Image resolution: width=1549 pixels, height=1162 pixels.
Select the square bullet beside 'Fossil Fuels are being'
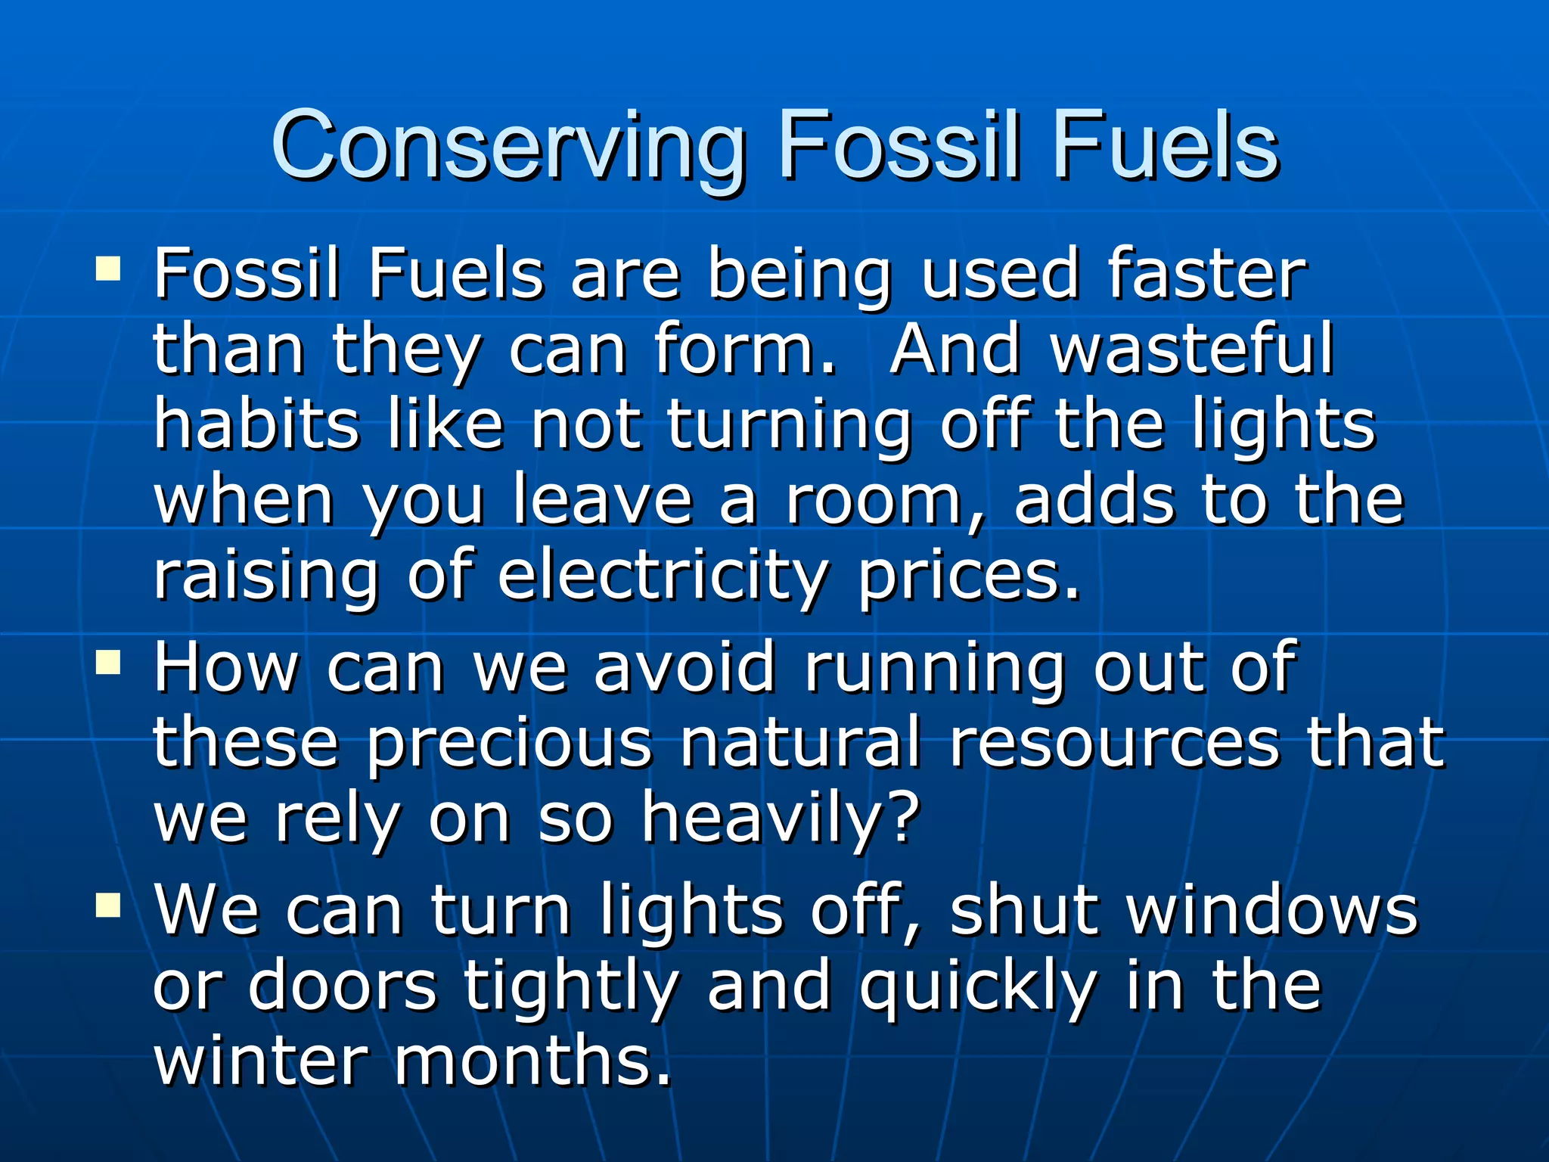[108, 268]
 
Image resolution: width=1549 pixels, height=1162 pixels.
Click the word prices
[969, 576]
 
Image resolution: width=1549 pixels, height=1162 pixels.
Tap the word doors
[343, 985]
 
